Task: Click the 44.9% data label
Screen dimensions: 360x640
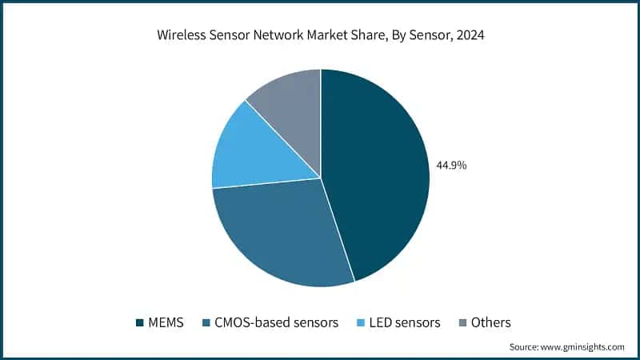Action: coord(451,166)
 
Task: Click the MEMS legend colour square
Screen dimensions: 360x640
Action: coord(140,322)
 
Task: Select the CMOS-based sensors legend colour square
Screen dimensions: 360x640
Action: coord(206,322)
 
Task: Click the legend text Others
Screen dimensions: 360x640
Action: coord(490,322)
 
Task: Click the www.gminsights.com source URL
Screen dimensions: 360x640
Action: coord(583,347)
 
